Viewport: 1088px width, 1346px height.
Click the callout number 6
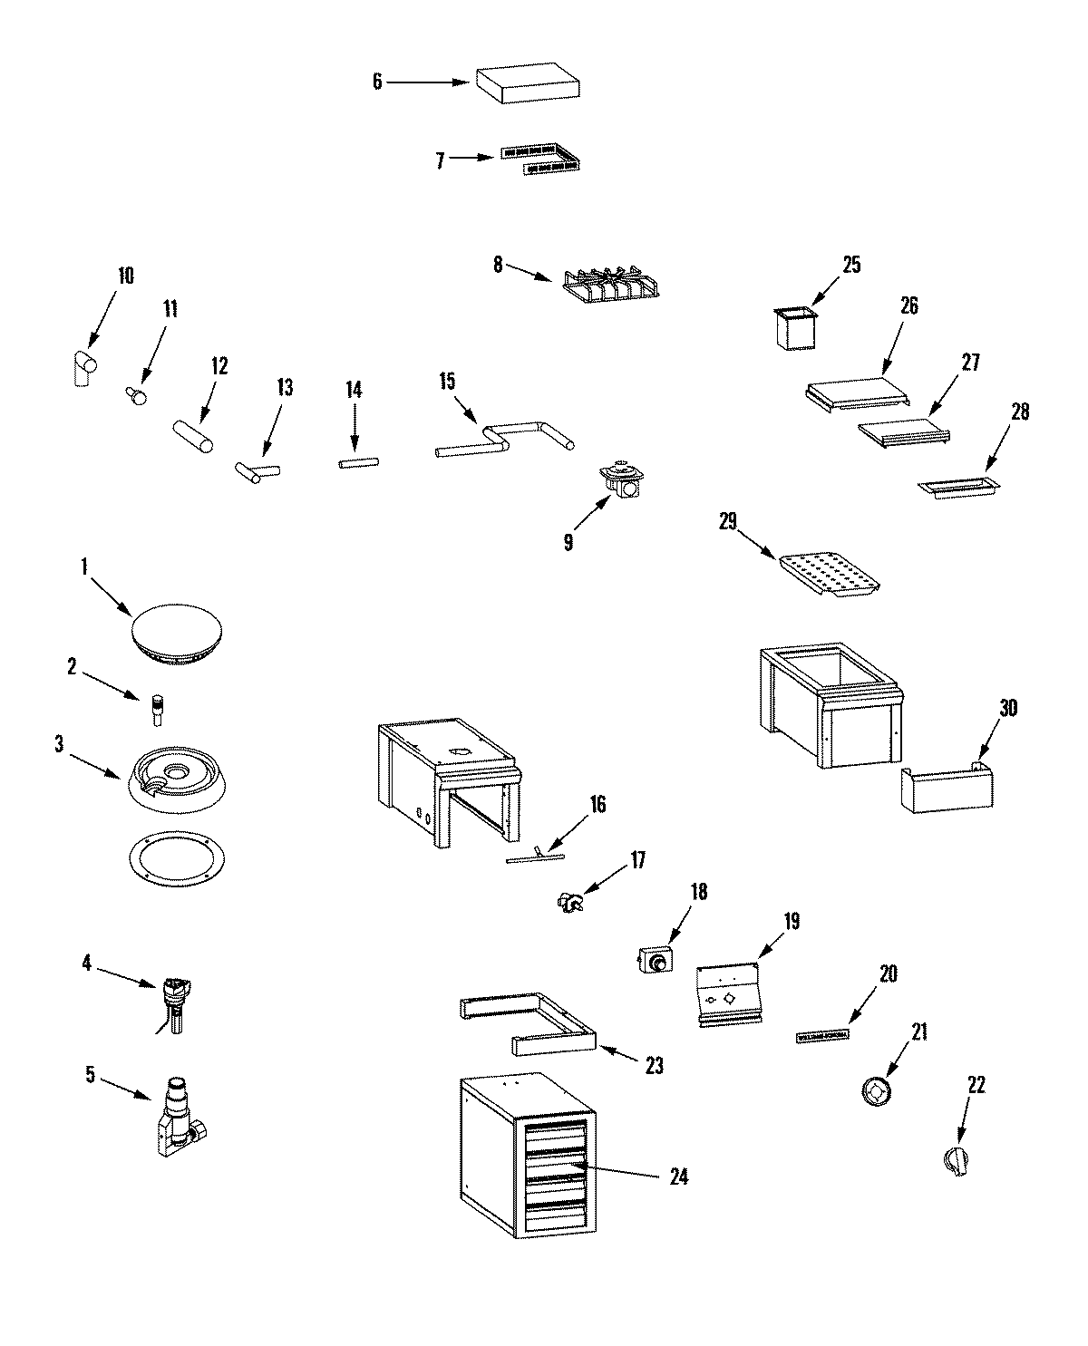377,82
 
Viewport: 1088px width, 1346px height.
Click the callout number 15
446,382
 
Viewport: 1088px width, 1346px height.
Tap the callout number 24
678,1177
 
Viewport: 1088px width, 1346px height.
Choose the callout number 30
1007,708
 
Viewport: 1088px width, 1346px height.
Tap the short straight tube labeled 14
359,463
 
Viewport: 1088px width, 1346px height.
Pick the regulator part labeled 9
622,480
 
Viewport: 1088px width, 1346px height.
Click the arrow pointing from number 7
473,158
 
